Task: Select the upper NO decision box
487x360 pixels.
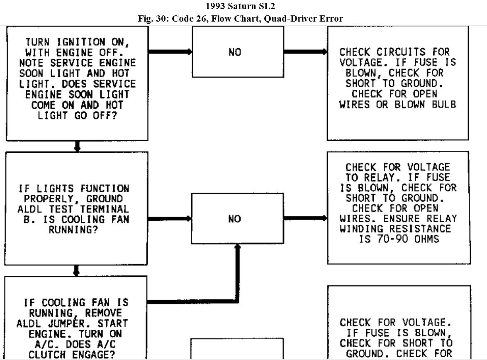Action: pyautogui.click(x=238, y=52)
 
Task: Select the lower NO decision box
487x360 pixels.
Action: pyautogui.click(x=237, y=218)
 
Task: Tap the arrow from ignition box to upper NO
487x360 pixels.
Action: pyautogui.click(x=170, y=52)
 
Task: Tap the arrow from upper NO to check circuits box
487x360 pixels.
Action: pyautogui.click(x=305, y=52)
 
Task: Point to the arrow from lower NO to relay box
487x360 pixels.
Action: pyautogui.click(x=305, y=218)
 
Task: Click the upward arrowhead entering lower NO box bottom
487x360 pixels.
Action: pyautogui.click(x=237, y=247)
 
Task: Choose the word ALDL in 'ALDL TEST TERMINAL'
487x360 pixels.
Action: pyautogui.click(x=30, y=209)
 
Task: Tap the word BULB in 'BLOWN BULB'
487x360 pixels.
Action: pyautogui.click(x=442, y=104)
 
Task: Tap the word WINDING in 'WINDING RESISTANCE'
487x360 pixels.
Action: pyautogui.click(x=363, y=229)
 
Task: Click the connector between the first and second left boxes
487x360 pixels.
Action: pyautogui.click(x=77, y=146)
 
